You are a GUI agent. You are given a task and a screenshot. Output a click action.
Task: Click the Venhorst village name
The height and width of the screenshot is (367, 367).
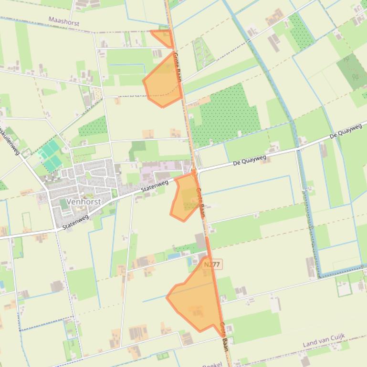[84, 202]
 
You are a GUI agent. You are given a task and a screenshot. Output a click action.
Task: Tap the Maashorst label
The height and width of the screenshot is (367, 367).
[63, 21]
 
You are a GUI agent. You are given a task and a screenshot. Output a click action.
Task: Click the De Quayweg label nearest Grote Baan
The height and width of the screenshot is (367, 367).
[249, 159]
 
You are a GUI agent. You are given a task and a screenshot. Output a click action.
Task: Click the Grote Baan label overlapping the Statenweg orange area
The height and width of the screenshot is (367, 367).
[199, 203]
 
